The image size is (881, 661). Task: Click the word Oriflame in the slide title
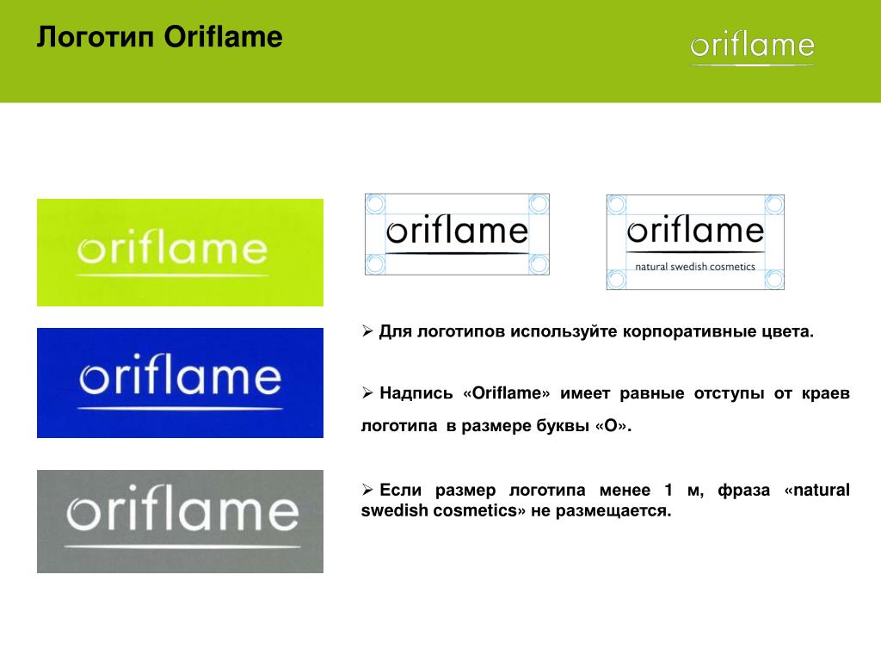pyautogui.click(x=223, y=37)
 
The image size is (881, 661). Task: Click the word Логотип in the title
pyautogui.click(x=95, y=38)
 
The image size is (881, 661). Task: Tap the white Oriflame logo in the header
pyautogui.click(x=752, y=48)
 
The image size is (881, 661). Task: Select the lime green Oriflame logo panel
pyautogui.click(x=180, y=252)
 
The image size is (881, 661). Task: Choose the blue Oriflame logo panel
pyautogui.click(x=180, y=383)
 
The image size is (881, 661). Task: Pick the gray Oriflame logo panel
pyautogui.click(x=180, y=521)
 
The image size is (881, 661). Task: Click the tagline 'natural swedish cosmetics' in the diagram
pyautogui.click(x=695, y=267)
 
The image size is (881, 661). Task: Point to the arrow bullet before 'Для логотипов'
pyautogui.click(x=367, y=331)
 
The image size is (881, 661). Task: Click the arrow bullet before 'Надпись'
pyautogui.click(x=367, y=392)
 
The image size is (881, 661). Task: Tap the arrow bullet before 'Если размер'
pyautogui.click(x=367, y=490)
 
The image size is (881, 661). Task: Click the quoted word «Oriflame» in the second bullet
pyautogui.click(x=506, y=392)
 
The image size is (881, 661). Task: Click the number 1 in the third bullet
pyautogui.click(x=668, y=490)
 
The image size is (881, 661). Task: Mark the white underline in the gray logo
pyautogui.click(x=182, y=546)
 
